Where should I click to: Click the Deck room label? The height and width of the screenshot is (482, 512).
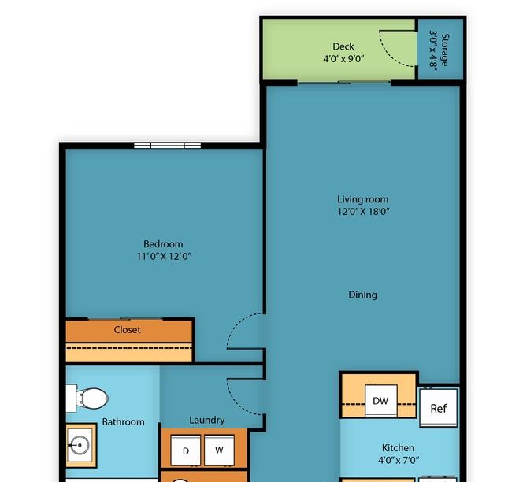pyautogui.click(x=343, y=46)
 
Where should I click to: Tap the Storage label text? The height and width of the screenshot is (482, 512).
pyautogui.click(x=444, y=50)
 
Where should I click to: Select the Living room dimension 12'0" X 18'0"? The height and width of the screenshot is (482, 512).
pyautogui.click(x=363, y=212)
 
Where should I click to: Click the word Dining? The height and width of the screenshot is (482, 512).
pyautogui.click(x=363, y=295)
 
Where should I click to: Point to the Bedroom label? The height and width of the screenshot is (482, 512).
pyautogui.click(x=163, y=244)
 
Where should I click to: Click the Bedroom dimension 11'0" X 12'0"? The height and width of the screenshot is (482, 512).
pyautogui.click(x=164, y=256)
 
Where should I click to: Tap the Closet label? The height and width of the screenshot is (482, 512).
pyautogui.click(x=128, y=330)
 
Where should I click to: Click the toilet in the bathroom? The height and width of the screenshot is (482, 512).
pyautogui.click(x=87, y=399)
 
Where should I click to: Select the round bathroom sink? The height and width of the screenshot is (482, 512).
pyautogui.click(x=80, y=445)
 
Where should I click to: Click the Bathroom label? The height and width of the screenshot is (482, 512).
pyautogui.click(x=123, y=422)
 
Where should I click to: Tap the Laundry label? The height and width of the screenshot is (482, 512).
pyautogui.click(x=207, y=420)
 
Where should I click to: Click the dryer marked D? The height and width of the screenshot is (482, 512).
pyautogui.click(x=186, y=450)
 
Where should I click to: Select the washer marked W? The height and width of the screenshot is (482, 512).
pyautogui.click(x=220, y=450)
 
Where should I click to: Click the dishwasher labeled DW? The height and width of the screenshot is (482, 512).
pyautogui.click(x=381, y=401)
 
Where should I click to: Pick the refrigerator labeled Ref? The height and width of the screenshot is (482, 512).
pyautogui.click(x=438, y=408)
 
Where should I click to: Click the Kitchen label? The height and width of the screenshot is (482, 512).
pyautogui.click(x=398, y=447)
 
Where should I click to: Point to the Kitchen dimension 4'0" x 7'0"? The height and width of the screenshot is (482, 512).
pyautogui.click(x=399, y=461)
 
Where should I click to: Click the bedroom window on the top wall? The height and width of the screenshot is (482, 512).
pyautogui.click(x=167, y=145)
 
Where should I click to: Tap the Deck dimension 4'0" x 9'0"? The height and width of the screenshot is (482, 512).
pyautogui.click(x=343, y=59)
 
